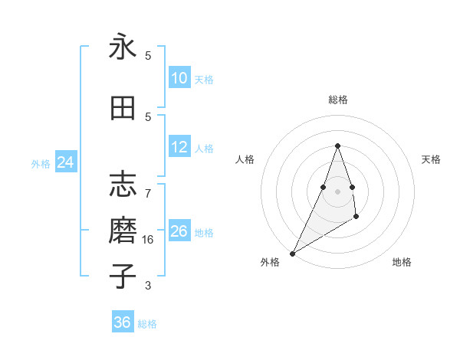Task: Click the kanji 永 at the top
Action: (123, 47)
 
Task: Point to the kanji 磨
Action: (123, 231)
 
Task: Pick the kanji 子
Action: (123, 276)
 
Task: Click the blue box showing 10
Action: (179, 78)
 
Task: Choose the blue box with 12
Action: (179, 147)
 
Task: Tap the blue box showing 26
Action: (179, 231)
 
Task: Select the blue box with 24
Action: (65, 162)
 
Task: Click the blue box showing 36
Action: (122, 322)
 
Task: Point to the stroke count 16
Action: (149, 240)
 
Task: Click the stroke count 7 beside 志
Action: (148, 186)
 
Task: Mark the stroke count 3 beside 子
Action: (148, 286)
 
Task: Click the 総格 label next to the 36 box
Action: (147, 324)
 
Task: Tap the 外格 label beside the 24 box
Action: (41, 163)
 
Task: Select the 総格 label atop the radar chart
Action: (337, 100)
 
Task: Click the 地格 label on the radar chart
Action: (402, 262)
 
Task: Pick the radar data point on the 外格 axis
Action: (292, 254)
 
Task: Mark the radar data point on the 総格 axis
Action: (337, 146)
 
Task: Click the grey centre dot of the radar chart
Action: (337, 191)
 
